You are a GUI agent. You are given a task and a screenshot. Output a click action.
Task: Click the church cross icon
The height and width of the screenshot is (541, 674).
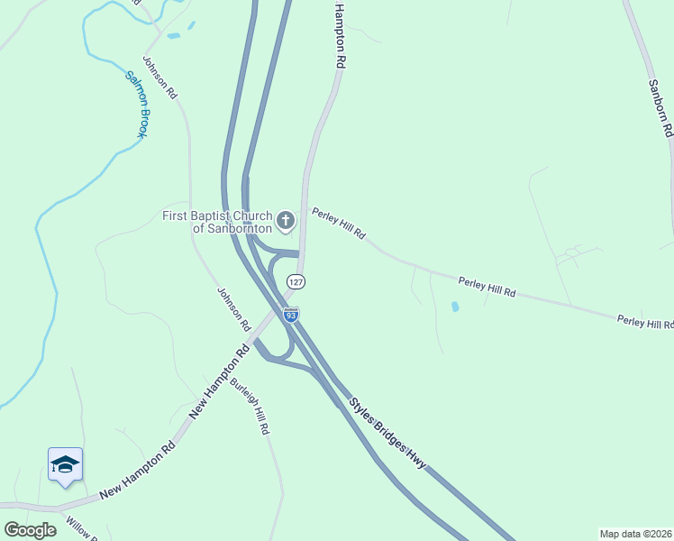pos(286,220)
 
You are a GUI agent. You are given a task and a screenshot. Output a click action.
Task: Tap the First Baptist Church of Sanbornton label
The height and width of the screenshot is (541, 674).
pos(218,222)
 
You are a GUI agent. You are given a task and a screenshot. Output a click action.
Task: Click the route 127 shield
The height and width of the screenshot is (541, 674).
pos(296,281)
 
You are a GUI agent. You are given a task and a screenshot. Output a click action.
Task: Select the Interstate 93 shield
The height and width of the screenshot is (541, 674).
pos(290,314)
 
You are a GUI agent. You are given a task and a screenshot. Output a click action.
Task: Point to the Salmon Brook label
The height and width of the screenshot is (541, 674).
pos(136,105)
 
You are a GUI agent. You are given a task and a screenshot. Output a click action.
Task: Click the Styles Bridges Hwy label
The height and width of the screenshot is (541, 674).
pos(387,433)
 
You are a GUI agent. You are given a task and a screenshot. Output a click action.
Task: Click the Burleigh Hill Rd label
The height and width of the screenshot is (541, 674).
pos(250,406)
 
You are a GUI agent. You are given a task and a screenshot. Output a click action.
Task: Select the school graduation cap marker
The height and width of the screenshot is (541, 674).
pos(65,465)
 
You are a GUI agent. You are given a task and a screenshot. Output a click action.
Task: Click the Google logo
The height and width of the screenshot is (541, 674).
pos(30,530)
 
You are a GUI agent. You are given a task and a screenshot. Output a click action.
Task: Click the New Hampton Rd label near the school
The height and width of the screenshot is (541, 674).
pos(137,472)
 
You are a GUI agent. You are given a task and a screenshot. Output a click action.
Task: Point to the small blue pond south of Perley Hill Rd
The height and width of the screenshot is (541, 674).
pos(454,307)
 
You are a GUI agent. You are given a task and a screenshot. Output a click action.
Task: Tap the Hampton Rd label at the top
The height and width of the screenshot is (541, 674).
pos(340,36)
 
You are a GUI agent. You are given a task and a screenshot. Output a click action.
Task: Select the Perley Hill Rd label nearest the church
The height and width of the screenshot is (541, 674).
pos(339,223)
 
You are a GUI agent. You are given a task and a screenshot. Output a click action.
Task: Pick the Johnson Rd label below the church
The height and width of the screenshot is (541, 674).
pos(233,308)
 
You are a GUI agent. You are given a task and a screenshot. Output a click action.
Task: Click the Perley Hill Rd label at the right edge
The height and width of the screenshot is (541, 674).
pos(645,322)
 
